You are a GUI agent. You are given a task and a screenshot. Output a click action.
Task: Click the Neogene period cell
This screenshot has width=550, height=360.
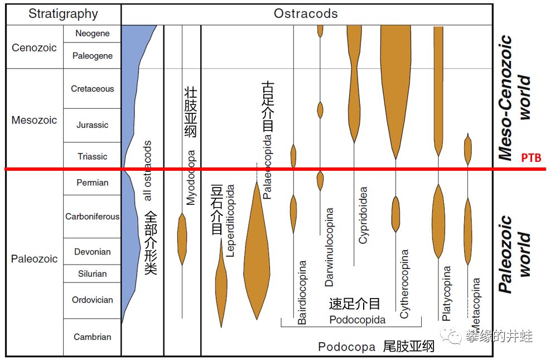pos(92,33)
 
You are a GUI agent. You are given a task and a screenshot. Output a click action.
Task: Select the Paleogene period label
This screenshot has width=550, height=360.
pos(92,56)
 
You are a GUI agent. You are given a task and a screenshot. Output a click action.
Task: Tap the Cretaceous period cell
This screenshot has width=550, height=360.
pos(92,89)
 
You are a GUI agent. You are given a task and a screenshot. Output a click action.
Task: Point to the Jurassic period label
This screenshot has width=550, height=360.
pos(92,125)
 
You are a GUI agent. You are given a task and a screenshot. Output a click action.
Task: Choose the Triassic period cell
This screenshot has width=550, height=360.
pos(92,156)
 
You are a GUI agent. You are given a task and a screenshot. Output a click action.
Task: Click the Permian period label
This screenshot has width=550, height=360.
pos(92,183)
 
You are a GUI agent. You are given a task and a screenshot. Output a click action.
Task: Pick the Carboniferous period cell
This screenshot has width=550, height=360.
pos(92,217)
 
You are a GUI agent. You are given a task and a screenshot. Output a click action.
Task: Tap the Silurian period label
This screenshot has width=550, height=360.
pos(92,273)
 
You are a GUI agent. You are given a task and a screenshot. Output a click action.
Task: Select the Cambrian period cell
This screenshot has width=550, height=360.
pos(92,337)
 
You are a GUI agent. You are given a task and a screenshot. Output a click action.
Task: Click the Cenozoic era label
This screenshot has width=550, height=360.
pos(34,48)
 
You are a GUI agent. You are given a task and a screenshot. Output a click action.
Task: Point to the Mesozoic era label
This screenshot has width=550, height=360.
pos(34,120)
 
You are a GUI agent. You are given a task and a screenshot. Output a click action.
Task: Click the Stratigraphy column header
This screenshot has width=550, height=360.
pos(63,14)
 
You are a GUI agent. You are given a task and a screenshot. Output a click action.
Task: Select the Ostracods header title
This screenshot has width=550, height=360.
pos(306,14)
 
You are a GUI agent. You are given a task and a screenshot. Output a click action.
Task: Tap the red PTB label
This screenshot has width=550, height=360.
pos(531,158)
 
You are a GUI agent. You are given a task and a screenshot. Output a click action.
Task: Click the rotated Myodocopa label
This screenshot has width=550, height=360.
pos(191,177)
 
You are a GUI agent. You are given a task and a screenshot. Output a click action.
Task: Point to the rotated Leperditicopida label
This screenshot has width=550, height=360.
pos(230,220)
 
